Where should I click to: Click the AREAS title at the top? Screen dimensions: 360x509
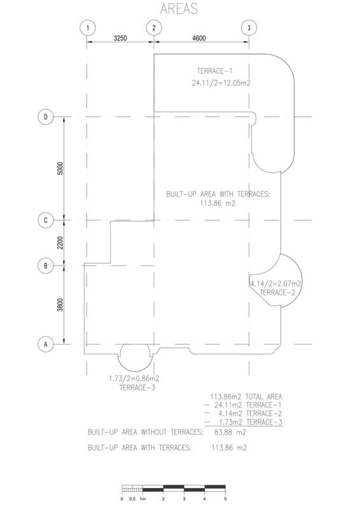(x=179, y=8)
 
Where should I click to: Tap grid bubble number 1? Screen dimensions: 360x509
(x=87, y=28)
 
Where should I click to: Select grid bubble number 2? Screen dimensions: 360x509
(x=154, y=28)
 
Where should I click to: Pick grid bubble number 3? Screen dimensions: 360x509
(x=249, y=28)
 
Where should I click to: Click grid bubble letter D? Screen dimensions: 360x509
(x=45, y=117)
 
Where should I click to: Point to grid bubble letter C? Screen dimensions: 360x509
(x=45, y=220)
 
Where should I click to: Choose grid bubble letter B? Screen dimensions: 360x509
(x=45, y=266)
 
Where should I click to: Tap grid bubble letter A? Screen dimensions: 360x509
(x=45, y=344)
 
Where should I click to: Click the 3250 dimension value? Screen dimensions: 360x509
(x=120, y=38)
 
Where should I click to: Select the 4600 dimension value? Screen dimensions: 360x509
(x=199, y=38)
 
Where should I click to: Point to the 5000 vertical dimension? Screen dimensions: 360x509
(x=60, y=169)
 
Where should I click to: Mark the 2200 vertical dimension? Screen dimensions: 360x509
(x=60, y=243)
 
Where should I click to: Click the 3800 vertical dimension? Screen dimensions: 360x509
(x=60, y=305)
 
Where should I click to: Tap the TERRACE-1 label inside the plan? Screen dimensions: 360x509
(x=214, y=71)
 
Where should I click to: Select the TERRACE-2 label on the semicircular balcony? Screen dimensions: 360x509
(x=277, y=293)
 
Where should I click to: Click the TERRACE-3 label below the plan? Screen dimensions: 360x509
(x=137, y=387)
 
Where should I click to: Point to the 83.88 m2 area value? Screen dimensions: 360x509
(x=230, y=433)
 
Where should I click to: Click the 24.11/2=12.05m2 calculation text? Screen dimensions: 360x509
(x=221, y=83)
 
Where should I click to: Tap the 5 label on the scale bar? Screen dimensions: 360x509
(x=225, y=499)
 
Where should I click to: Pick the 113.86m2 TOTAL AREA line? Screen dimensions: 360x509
(x=246, y=396)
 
